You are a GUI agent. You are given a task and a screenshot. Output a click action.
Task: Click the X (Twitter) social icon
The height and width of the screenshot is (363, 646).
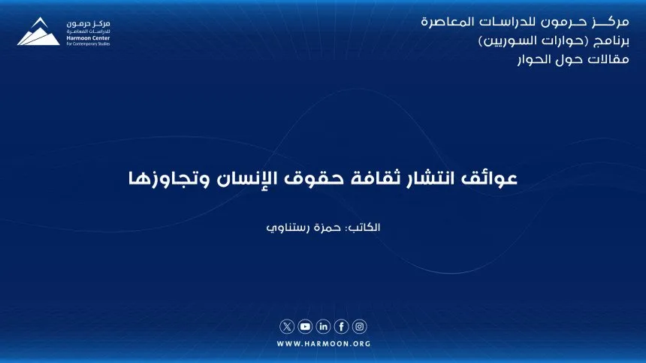click(287, 326)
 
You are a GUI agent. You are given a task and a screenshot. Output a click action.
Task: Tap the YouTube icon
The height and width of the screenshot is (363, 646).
click(305, 326)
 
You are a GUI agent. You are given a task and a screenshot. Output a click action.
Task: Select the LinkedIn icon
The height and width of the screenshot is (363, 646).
click(324, 326)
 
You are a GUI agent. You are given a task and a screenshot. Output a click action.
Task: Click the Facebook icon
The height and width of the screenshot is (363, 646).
click(342, 326)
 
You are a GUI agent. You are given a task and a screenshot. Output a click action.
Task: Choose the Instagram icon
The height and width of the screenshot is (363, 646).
click(360, 326)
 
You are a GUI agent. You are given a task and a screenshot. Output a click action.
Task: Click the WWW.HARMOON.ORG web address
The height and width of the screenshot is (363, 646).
click(324, 343)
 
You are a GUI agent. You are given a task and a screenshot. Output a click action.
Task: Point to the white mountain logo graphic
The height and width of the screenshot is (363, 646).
click(39, 31)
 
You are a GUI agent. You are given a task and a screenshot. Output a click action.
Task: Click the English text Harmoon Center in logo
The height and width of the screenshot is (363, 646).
click(88, 37)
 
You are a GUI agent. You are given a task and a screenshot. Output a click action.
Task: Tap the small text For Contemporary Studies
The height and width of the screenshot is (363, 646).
click(88, 43)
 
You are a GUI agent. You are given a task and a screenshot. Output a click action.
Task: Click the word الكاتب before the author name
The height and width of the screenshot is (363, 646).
click(364, 227)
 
